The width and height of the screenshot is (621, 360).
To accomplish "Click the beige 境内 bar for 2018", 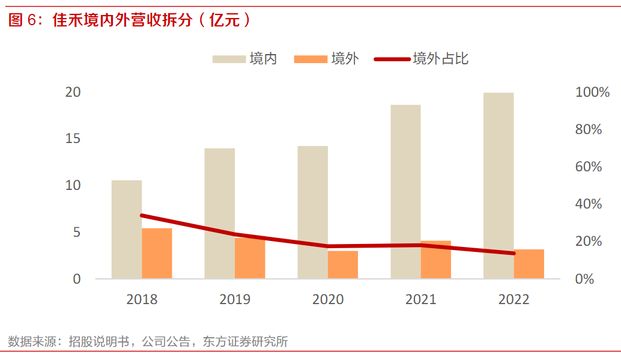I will [x=127, y=229].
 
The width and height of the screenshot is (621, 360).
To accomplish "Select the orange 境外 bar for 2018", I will [x=157, y=253].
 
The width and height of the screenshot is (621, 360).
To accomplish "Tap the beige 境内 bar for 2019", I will [x=219, y=213].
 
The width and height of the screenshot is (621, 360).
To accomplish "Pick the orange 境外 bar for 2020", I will [x=343, y=264].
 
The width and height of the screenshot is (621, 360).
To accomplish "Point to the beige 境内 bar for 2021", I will [x=405, y=191].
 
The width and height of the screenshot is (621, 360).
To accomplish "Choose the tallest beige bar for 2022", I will [x=498, y=185].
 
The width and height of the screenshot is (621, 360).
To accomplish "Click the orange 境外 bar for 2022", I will [x=529, y=263].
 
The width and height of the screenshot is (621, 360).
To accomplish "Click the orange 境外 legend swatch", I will [x=310, y=59].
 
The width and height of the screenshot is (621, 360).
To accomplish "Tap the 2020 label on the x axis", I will [x=328, y=299].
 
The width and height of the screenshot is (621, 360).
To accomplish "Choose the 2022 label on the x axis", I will [x=514, y=299].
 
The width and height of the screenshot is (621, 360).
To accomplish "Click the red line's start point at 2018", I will [x=142, y=215].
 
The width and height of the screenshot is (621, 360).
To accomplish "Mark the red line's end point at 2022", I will [x=513, y=253].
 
